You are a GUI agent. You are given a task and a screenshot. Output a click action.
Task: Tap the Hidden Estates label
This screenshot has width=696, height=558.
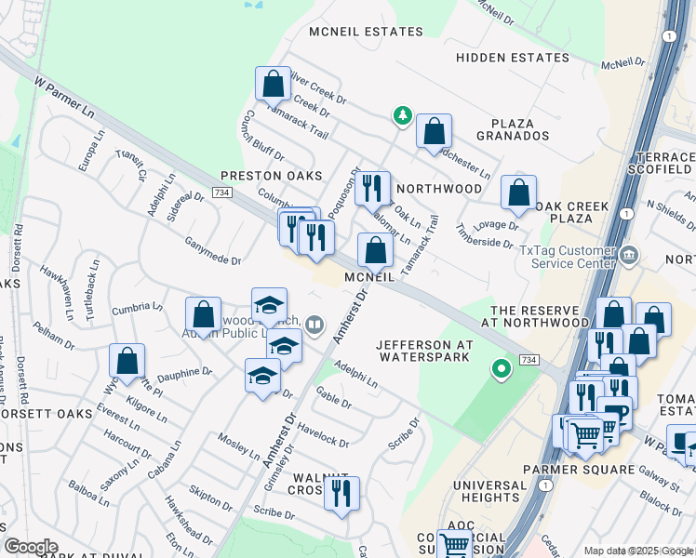(x=513, y=58)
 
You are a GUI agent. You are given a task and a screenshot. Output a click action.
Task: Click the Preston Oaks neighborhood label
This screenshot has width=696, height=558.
(x=271, y=176)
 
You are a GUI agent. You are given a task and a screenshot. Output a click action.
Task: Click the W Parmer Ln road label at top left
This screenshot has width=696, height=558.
(x=65, y=97)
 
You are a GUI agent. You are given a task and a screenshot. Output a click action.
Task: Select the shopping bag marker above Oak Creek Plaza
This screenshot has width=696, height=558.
(x=518, y=193)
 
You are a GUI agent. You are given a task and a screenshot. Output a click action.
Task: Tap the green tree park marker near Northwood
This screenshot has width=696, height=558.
(x=403, y=115)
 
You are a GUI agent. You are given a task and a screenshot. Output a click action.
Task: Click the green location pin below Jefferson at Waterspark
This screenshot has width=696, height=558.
(x=502, y=370)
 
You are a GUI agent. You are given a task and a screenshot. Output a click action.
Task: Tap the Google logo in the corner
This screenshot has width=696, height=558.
(x=31, y=547)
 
